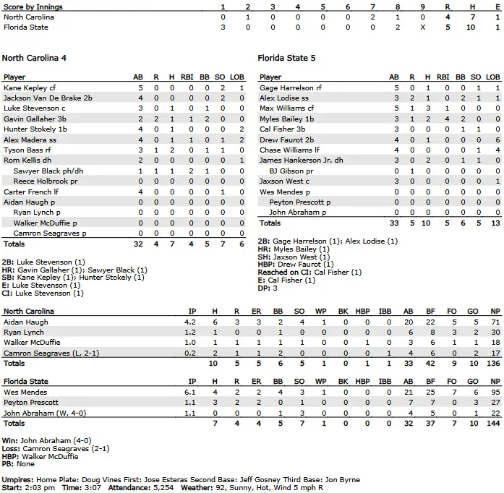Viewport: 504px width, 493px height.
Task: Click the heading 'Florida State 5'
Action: (x=287, y=58)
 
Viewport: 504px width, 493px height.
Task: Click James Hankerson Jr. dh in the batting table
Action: (x=301, y=160)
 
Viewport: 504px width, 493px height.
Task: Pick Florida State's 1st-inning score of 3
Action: (x=223, y=27)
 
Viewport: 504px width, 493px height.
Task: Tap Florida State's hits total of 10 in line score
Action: (x=472, y=27)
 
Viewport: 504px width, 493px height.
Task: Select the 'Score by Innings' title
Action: (x=33, y=7)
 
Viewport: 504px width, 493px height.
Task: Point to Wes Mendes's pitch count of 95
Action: (x=495, y=392)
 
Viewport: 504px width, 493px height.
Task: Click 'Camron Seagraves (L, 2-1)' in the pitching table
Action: (x=46, y=353)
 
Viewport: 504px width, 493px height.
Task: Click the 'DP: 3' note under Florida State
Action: (x=270, y=288)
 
